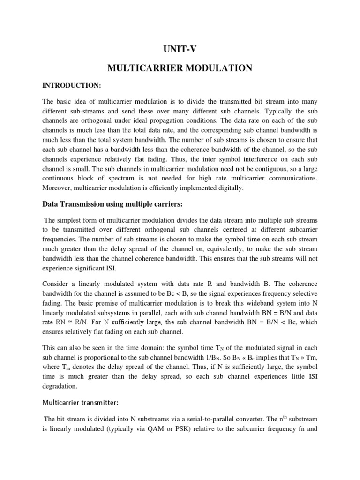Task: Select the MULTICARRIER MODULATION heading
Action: (x=180, y=68)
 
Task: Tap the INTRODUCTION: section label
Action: (x=72, y=86)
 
